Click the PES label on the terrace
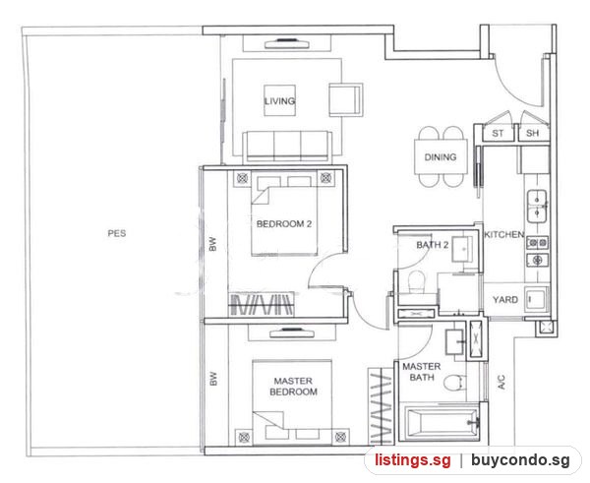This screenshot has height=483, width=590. click(x=117, y=233)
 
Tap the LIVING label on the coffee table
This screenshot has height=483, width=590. click(x=279, y=101)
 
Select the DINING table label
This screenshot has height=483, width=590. click(x=441, y=157)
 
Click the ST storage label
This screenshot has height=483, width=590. click(x=498, y=133)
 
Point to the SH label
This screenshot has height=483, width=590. click(x=532, y=133)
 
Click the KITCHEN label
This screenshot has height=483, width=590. click(x=504, y=234)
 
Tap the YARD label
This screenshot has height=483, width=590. click(x=505, y=300)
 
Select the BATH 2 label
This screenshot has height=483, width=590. click(x=433, y=245)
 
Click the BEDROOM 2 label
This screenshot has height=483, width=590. click(x=284, y=224)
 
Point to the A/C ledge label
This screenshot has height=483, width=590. click(x=501, y=382)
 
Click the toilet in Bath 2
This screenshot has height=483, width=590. click(x=416, y=281)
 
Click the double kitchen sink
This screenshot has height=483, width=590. click(x=537, y=207)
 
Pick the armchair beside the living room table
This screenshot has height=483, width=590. click(x=346, y=99)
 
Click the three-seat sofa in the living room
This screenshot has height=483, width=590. click(x=287, y=147)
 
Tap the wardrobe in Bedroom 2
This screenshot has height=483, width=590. click(x=262, y=304)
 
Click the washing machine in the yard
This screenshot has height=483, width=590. click(x=536, y=299)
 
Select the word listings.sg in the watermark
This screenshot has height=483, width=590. click(x=412, y=460)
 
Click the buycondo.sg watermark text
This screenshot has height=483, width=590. click(x=520, y=460)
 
